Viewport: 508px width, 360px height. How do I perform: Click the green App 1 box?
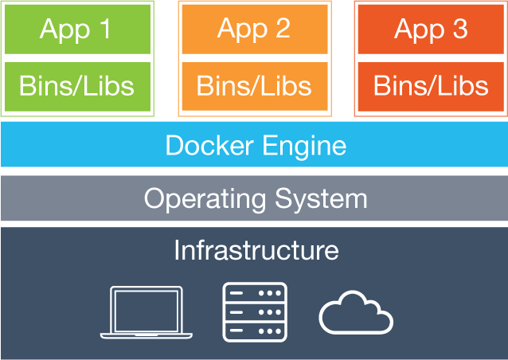[x=76, y=29]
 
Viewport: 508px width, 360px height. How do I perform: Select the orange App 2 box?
[x=254, y=29]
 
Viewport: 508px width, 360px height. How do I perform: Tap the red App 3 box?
[x=431, y=29]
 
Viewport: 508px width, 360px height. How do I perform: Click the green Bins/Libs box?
[x=76, y=85]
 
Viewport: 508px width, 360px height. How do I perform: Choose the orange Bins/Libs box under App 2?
[x=254, y=84]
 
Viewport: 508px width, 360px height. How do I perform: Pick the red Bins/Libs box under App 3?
[x=431, y=85]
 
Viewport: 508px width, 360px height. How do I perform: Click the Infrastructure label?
[x=256, y=250]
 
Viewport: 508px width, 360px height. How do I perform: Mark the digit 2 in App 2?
[x=282, y=29]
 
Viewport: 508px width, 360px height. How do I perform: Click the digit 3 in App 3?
[x=459, y=29]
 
